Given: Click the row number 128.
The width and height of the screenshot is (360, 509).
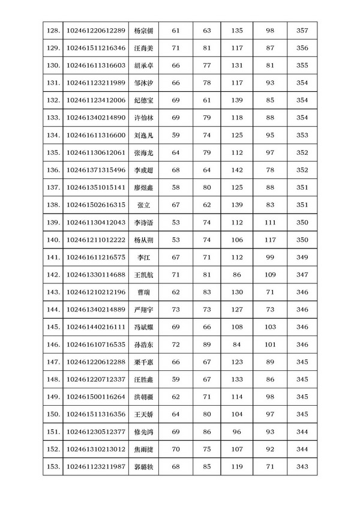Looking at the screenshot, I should (53, 31).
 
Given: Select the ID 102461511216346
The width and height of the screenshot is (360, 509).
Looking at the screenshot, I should (96, 48).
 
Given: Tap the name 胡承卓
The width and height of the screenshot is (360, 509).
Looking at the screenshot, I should (145, 65).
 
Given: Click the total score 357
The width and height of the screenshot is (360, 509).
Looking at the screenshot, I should (302, 31).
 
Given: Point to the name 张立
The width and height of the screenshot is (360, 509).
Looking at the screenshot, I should (144, 205).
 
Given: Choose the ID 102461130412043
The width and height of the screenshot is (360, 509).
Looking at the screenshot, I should (96, 222).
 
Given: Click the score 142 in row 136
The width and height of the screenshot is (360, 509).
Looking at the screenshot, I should (237, 170).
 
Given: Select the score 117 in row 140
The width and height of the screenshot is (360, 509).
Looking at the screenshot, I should (269, 239).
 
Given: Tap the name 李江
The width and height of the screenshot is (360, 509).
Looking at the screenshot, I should (144, 257).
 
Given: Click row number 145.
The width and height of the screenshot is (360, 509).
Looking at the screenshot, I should (53, 327).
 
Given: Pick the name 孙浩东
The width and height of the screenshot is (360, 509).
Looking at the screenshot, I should (145, 345).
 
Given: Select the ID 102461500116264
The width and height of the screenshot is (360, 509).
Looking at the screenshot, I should (96, 397).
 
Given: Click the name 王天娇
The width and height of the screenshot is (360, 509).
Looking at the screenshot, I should (145, 414).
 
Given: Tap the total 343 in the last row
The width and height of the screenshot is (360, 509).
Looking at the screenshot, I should (302, 466).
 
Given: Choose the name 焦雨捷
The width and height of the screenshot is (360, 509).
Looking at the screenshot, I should (145, 449).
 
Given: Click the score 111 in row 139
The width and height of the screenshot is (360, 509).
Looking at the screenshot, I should (269, 222).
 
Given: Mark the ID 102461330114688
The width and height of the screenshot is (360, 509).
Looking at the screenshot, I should (96, 274).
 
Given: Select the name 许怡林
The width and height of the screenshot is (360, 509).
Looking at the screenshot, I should (145, 118).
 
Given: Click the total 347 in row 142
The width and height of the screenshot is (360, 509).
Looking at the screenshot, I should (302, 274).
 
